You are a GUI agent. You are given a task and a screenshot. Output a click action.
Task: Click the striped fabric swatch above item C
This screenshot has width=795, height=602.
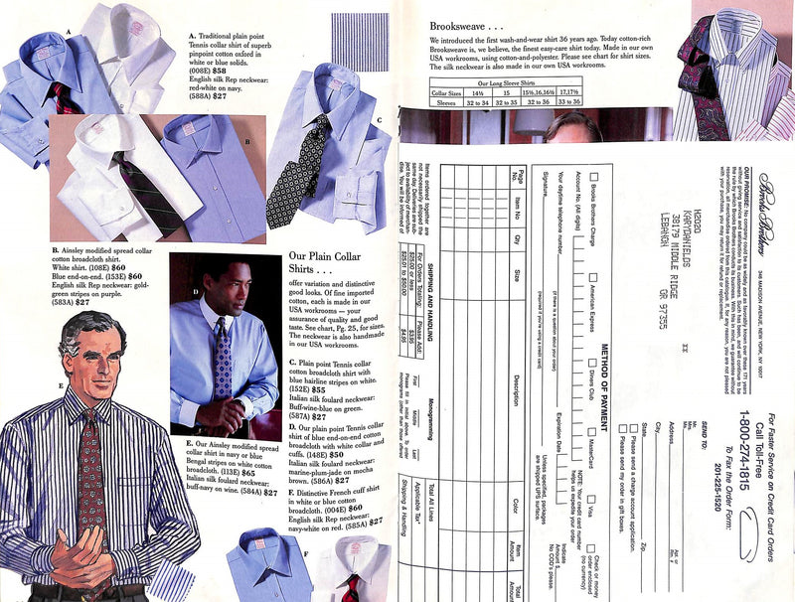click(359, 40)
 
